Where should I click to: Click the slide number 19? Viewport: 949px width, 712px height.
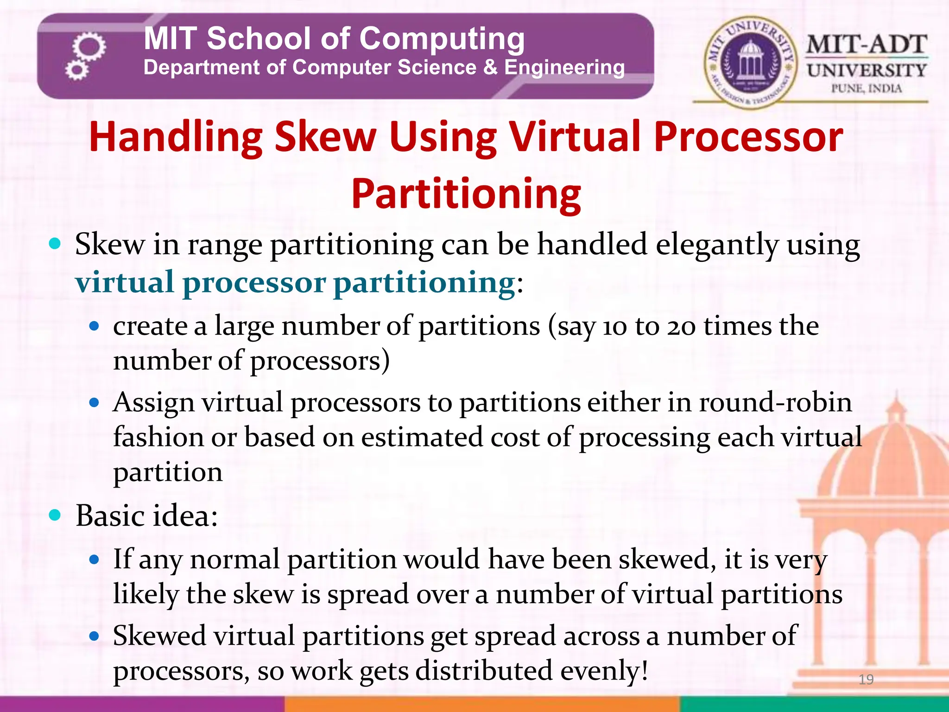(866, 679)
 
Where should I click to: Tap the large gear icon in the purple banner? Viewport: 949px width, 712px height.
(89, 46)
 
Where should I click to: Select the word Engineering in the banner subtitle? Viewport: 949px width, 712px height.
(564, 68)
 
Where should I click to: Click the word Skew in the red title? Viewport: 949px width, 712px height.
(325, 137)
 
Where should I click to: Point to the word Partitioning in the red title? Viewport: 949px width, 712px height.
(466, 194)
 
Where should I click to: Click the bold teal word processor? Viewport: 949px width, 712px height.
(254, 282)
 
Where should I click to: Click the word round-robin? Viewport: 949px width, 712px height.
(775, 402)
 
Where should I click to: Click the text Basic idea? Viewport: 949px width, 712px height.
(146, 515)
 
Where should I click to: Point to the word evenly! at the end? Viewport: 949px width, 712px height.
(604, 671)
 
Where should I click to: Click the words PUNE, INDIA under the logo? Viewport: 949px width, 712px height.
(866, 88)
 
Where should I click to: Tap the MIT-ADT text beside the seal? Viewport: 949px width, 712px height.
(866, 45)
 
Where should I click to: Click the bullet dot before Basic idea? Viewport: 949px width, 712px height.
(55, 515)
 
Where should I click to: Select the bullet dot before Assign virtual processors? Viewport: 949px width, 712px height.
(95, 402)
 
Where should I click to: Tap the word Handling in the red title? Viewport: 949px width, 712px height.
(176, 137)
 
